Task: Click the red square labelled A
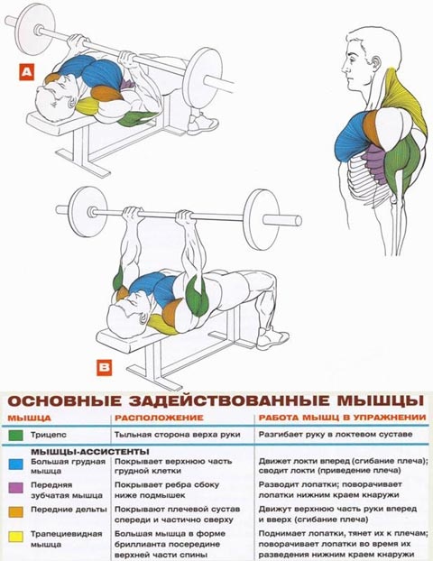(x=26, y=72)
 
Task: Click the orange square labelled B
(x=105, y=367)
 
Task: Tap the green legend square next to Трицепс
(x=15, y=435)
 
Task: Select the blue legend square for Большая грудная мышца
(x=15, y=464)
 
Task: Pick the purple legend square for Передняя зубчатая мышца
(x=15, y=487)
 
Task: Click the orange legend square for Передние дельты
(x=15, y=511)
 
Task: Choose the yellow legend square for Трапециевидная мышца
(x=15, y=537)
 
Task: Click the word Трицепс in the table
(x=49, y=435)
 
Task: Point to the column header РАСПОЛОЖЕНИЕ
(x=159, y=418)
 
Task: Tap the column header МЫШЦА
(x=30, y=418)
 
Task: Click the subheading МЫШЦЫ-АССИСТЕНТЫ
(x=90, y=452)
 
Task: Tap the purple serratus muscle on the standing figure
(x=373, y=163)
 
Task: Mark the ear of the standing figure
(x=377, y=63)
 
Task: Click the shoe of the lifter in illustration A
(x=202, y=123)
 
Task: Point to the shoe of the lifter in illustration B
(x=272, y=338)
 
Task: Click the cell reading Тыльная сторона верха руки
(x=177, y=435)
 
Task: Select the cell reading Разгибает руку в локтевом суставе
(x=336, y=435)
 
